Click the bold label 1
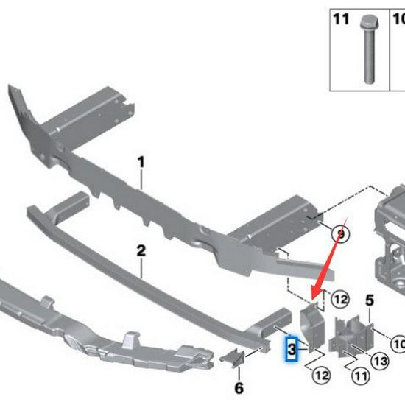141,162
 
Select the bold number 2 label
141,250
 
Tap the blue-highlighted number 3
292,349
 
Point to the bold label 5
370,300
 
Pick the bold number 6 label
239,387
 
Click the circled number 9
341,234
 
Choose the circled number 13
381,362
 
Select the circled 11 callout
361,376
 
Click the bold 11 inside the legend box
341,19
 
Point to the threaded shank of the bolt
370,56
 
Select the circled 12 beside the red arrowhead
340,300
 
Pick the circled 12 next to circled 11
322,376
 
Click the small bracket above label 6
233,358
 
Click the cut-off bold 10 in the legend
398,19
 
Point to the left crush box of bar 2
68,206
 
